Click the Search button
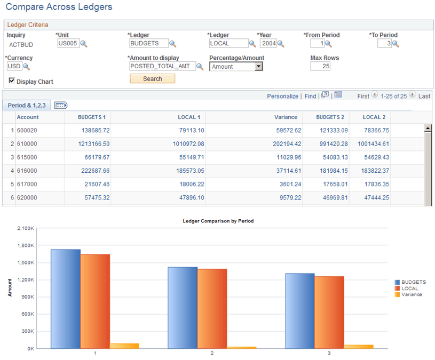pos(152,78)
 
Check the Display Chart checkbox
pos(12,81)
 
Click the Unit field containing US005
pos(68,44)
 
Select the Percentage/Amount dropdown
pos(236,67)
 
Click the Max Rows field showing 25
pos(320,67)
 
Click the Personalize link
pos(282,96)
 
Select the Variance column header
pos(286,117)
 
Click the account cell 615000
pos(27,157)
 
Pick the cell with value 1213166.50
pos(88,143)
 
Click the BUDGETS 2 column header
pos(330,117)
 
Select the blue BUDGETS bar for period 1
pos(66,299)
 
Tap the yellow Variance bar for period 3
pos(358,346)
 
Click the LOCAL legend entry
pos(409,289)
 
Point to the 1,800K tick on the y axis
pos(26,245)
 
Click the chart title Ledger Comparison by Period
pos(218,220)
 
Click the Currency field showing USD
pos(14,67)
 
